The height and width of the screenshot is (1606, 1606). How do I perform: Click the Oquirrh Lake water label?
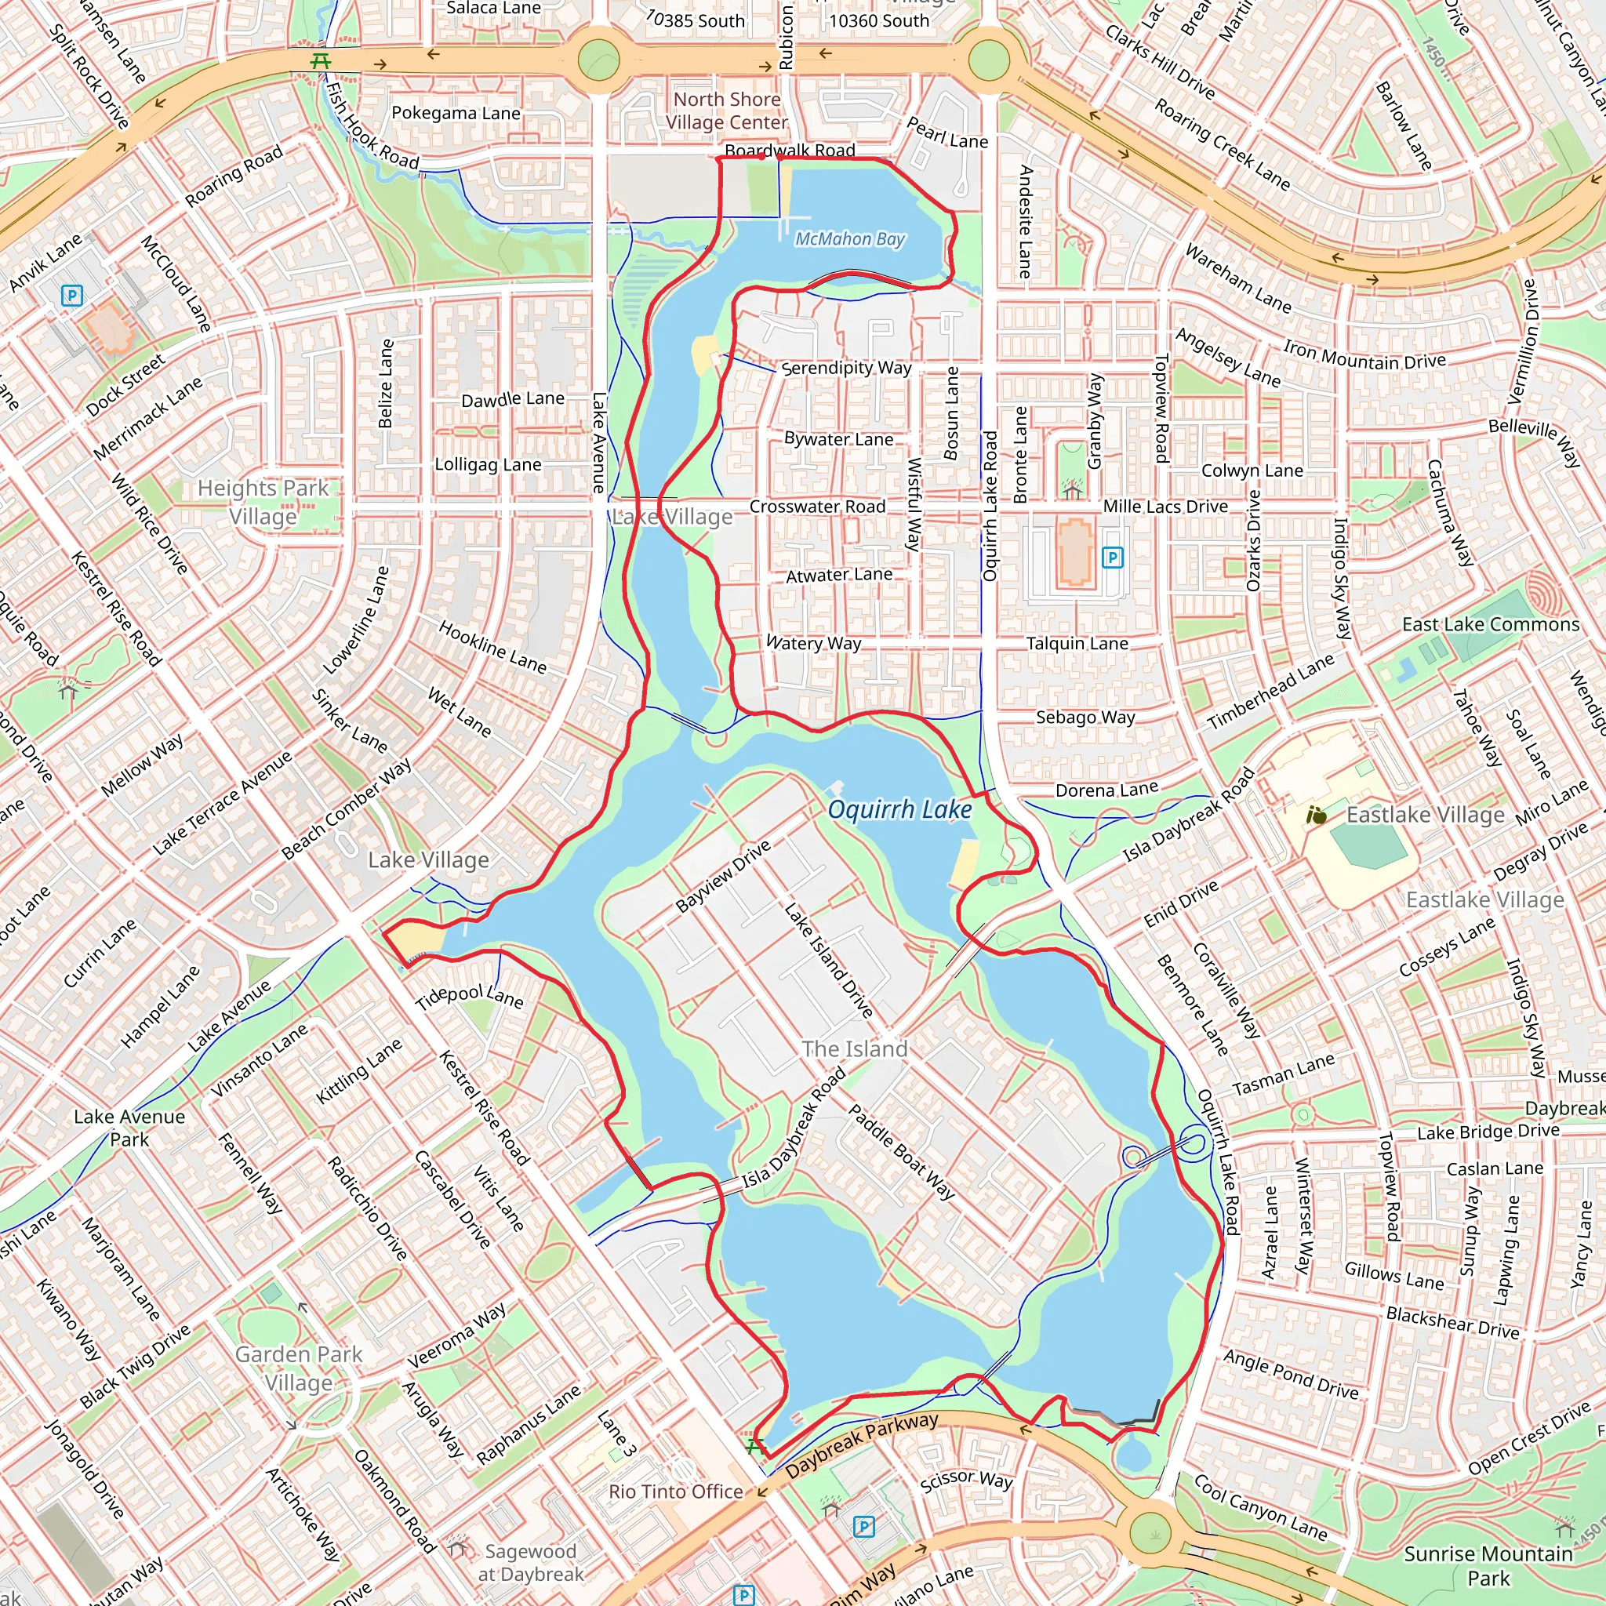(x=899, y=809)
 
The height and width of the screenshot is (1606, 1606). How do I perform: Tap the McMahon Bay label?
(x=849, y=239)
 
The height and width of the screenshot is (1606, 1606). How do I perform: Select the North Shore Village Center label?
(x=726, y=111)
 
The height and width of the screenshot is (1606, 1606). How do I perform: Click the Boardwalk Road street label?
(x=790, y=151)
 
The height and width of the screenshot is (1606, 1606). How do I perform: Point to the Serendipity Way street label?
(x=846, y=368)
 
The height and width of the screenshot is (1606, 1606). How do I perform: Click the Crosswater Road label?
(x=817, y=507)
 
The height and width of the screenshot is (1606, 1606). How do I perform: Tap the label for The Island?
(x=855, y=1049)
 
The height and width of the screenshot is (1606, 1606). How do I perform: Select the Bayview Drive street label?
(x=723, y=876)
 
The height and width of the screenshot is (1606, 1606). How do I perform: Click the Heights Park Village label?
(x=263, y=502)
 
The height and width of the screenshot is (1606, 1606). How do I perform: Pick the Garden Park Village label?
(x=299, y=1368)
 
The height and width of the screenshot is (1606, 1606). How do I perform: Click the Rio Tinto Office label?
(x=676, y=1492)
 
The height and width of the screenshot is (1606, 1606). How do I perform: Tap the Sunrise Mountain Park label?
(x=1488, y=1565)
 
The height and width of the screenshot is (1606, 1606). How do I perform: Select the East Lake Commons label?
(x=1491, y=624)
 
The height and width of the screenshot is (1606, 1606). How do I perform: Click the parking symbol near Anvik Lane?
(x=72, y=295)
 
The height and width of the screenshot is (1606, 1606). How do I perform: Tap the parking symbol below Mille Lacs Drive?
(x=1112, y=558)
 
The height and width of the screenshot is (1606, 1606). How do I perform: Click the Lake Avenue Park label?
(x=129, y=1127)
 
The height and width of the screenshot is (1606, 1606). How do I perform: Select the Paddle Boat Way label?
(x=901, y=1151)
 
